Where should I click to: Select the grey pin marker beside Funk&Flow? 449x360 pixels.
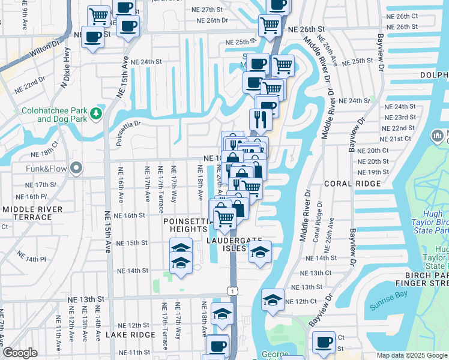[76, 169]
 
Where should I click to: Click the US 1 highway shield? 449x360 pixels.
[232, 290]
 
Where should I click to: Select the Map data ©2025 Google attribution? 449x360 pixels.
[411, 355]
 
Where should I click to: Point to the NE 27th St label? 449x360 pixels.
[212, 10]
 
